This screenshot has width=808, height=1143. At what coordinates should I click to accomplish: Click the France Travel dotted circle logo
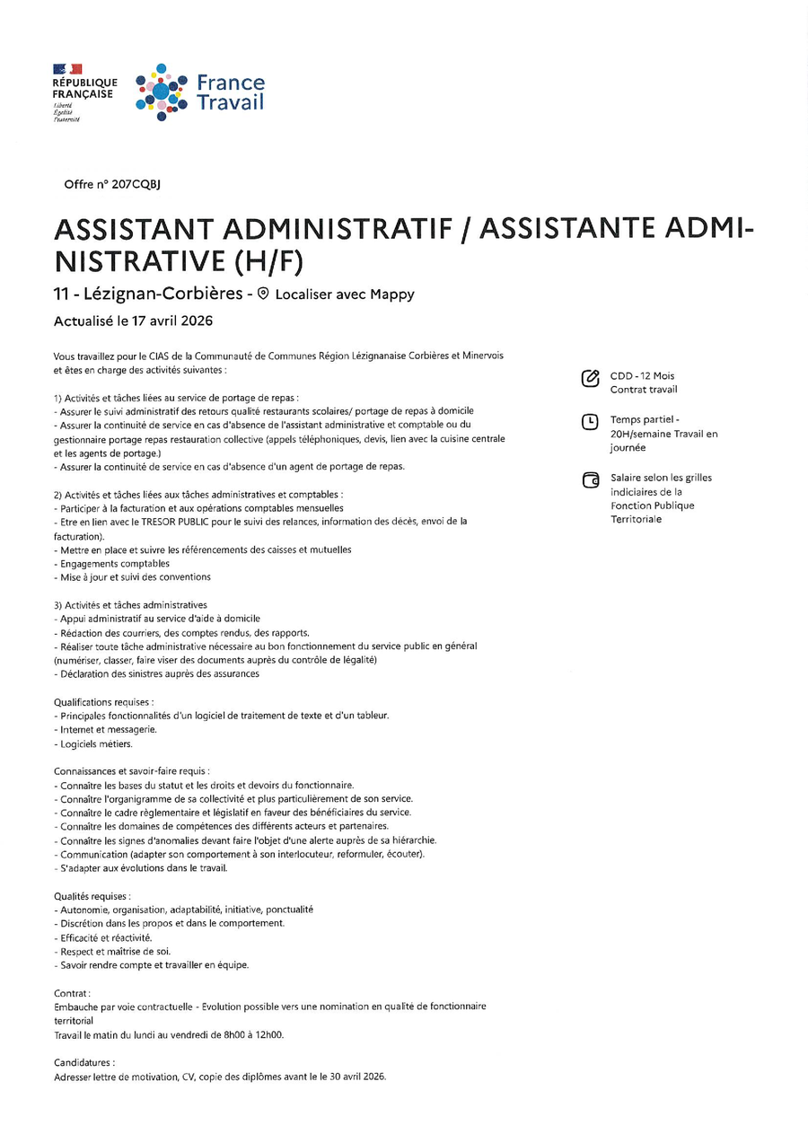click(x=161, y=92)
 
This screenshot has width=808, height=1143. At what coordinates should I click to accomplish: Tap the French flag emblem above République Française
click(x=67, y=69)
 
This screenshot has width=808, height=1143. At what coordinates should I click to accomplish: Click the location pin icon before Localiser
click(x=263, y=294)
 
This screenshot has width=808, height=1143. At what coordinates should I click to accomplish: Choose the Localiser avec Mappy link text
click(x=345, y=295)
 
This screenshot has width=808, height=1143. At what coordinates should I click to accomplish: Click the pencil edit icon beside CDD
click(x=590, y=378)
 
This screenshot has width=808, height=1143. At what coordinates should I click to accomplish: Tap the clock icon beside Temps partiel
click(x=590, y=421)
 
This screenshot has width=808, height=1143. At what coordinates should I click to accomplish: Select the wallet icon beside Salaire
click(x=590, y=480)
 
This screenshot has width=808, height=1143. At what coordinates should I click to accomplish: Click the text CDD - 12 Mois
click(x=642, y=375)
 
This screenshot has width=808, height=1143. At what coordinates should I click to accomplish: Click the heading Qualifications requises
click(x=103, y=701)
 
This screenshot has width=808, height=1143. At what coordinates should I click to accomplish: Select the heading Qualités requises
click(x=92, y=896)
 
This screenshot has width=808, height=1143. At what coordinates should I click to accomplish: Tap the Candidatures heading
click(x=84, y=1062)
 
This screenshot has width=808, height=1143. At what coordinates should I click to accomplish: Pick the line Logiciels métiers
click(x=95, y=743)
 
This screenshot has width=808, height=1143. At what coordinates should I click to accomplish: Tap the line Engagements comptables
click(x=114, y=563)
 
